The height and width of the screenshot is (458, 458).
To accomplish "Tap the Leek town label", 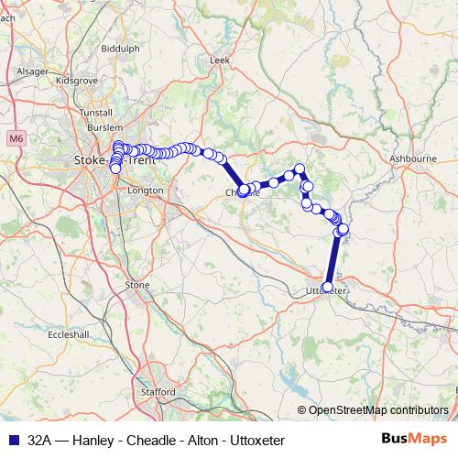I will point(219,60).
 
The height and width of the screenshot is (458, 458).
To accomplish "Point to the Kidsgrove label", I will point(75,81).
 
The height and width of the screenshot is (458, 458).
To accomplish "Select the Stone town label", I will point(137,285).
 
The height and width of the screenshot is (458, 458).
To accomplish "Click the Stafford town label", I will point(160,392).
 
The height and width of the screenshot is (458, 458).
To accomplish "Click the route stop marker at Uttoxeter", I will point(328,287).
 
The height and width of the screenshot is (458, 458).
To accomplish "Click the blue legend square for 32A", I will point(11,441).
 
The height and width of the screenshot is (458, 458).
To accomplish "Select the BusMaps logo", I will point(414,440).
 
